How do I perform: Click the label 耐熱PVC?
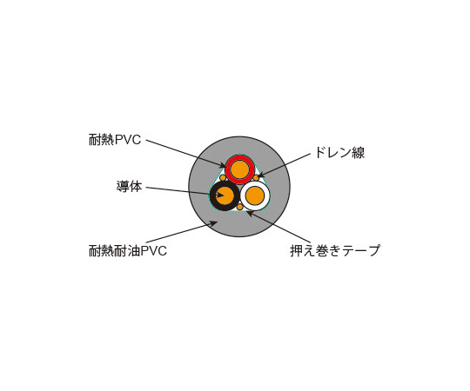(115, 140)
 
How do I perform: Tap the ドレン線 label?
(339, 153)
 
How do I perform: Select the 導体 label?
(129, 187)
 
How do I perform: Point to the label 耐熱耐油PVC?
(128, 251)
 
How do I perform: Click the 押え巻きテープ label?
(335, 251)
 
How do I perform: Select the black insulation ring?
(212, 196)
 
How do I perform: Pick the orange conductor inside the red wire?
(240, 169)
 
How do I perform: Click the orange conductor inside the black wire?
(225, 196)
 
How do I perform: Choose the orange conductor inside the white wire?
(255, 196)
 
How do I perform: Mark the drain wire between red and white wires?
(256, 178)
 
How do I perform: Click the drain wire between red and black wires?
(223, 178)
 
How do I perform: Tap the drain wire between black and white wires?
(240, 207)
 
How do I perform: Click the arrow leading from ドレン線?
(284, 165)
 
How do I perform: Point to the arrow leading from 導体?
(185, 192)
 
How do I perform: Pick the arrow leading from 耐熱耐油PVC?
(182, 232)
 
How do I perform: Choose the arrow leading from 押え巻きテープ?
(278, 227)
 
